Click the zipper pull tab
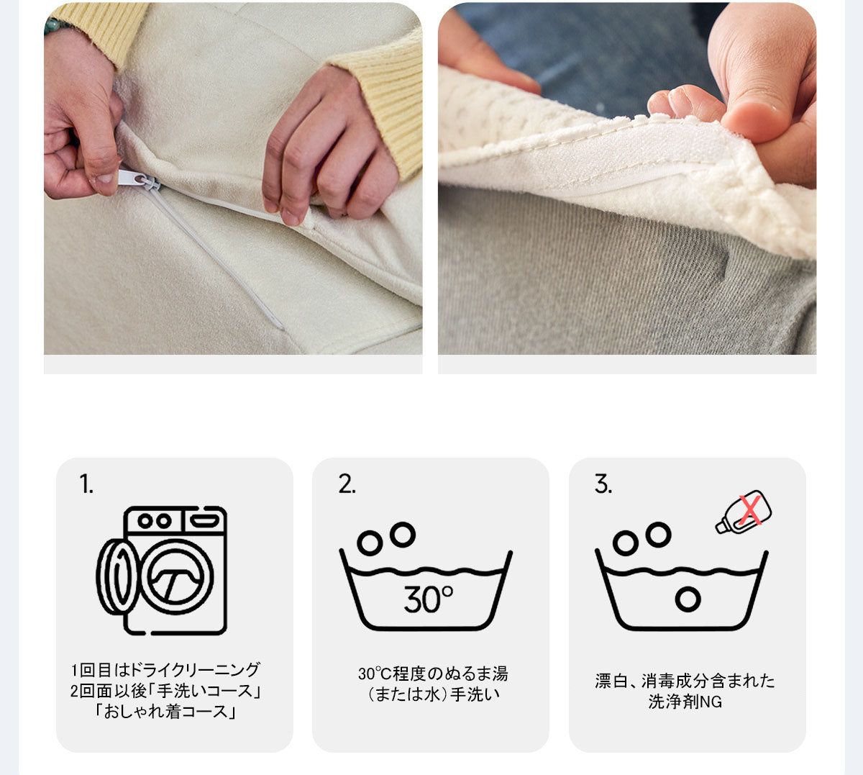click(x=133, y=178)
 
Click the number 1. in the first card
click(x=86, y=484)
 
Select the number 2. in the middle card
click(x=347, y=484)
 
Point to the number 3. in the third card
click(x=603, y=484)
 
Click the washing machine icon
click(x=162, y=571)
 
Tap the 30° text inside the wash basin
click(x=428, y=599)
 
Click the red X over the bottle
click(x=750, y=509)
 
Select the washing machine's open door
click(x=117, y=577)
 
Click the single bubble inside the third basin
click(x=688, y=599)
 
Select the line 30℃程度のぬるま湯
click(x=433, y=674)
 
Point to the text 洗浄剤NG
click(x=685, y=702)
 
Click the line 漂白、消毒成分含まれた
click(x=685, y=681)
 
